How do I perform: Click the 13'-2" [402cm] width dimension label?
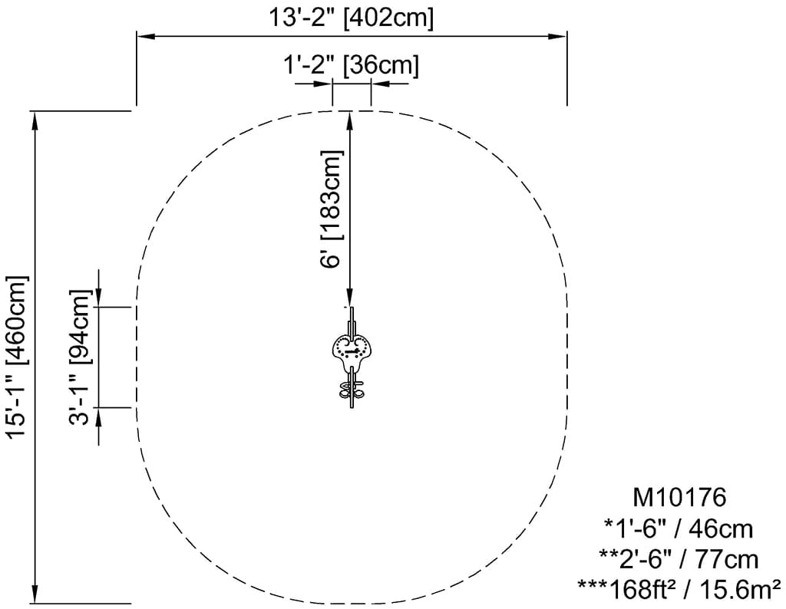click(x=352, y=18)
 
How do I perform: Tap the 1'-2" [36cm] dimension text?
click(x=351, y=65)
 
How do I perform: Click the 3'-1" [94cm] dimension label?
click(x=80, y=357)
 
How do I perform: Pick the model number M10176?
click(x=679, y=498)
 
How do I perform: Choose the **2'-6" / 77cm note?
click(x=679, y=559)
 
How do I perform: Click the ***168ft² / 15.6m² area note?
click(x=679, y=590)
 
